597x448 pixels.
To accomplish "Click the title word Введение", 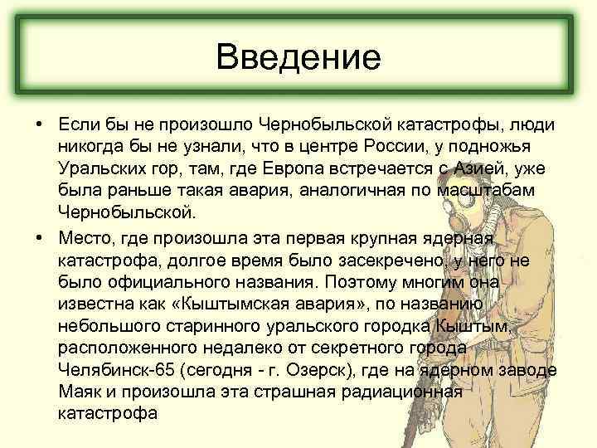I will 298,57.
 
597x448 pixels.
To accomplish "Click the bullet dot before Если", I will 39,124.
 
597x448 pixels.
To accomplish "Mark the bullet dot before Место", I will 39,237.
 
